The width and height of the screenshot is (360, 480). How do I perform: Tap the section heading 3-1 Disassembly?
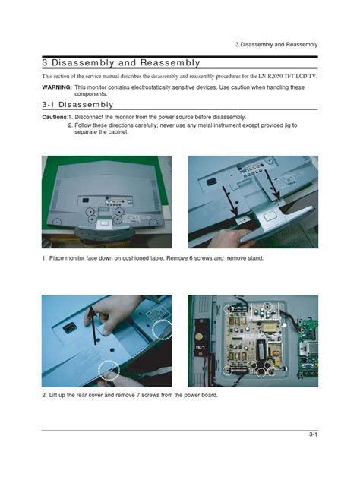(x=77, y=104)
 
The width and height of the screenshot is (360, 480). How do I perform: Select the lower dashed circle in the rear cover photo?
(x=109, y=369)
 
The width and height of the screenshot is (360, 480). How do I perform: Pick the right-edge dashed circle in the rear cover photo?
(x=161, y=330)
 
